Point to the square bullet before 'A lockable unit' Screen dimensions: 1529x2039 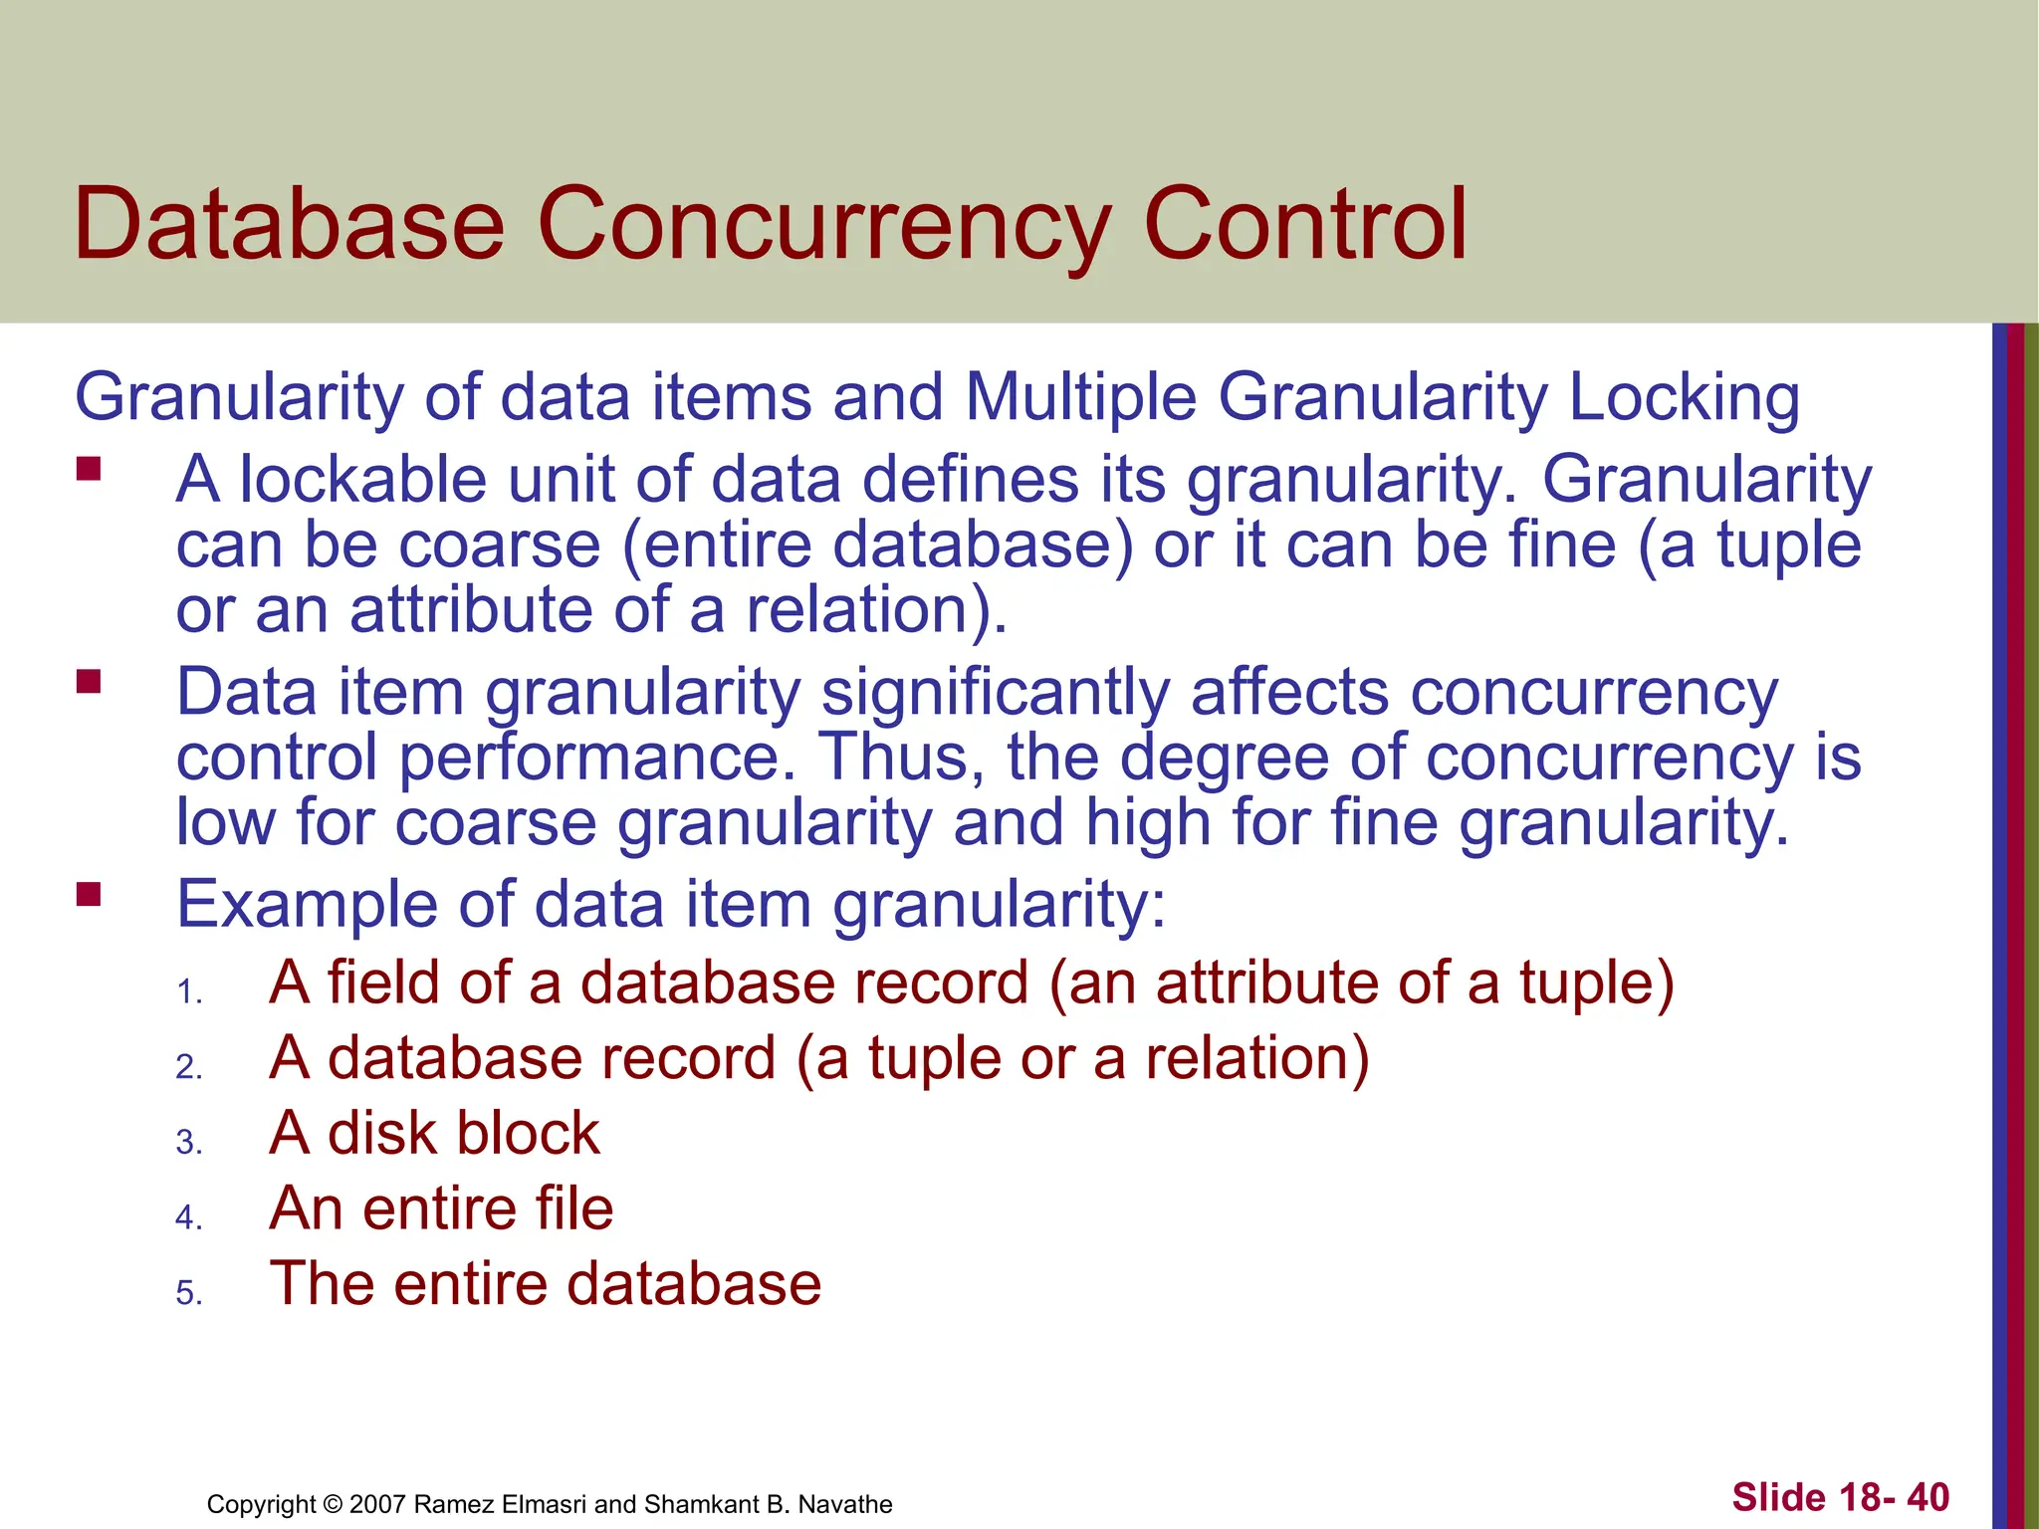(89, 469)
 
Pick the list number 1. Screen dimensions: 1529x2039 (188, 992)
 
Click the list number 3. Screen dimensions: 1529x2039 (188, 1142)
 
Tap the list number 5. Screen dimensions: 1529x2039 (188, 1293)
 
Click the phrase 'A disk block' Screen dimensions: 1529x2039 (434, 1133)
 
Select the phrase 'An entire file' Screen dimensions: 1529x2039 (441, 1208)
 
